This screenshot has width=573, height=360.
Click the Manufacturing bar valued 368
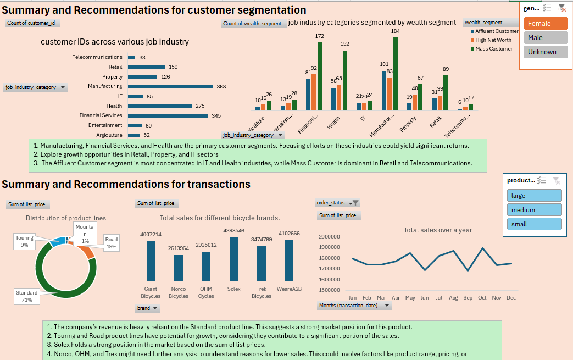[x=170, y=86]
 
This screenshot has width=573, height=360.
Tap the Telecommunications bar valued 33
[x=132, y=57]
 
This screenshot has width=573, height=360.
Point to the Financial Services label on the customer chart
[x=101, y=115]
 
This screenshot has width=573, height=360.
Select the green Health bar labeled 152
[x=345, y=80]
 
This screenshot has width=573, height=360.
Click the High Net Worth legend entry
[x=493, y=40]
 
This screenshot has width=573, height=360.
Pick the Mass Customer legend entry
[x=493, y=49]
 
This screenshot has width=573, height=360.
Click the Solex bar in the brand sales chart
[x=233, y=259]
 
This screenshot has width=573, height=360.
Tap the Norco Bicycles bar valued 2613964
[x=179, y=268]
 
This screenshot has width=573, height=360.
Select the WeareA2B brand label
[x=289, y=288]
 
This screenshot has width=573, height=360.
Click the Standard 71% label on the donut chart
[x=27, y=296]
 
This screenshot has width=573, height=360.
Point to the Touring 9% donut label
[x=24, y=241]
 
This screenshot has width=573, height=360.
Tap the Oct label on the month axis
[x=482, y=298]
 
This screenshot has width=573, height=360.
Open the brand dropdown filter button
[x=155, y=308]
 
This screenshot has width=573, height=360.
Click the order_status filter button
[x=355, y=203]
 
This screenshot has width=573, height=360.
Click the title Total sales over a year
[x=437, y=230]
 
